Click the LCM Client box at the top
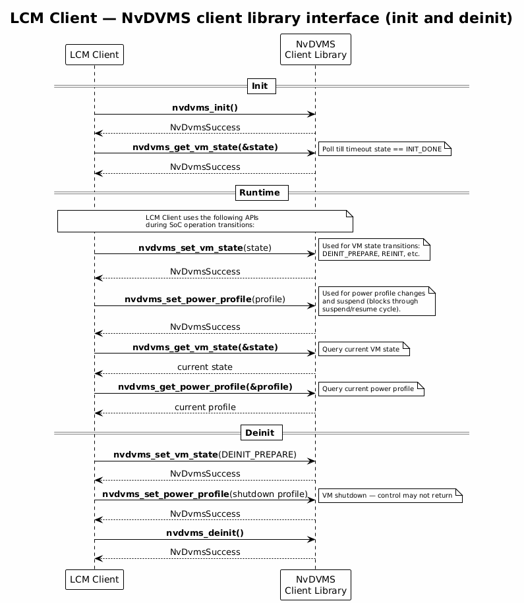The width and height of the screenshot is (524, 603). point(94,55)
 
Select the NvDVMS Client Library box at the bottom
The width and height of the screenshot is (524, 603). point(315,585)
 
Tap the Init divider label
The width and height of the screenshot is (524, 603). point(262,86)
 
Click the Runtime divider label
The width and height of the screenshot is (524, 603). point(262,193)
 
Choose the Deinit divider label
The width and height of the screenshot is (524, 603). point(262,433)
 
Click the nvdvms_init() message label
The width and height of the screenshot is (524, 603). point(205,108)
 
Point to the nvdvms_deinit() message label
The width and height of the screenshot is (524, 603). point(205,533)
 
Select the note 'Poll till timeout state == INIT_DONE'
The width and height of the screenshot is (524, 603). point(385,149)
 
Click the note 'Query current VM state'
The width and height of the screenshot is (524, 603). point(364,349)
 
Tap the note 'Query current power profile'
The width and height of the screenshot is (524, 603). point(371,389)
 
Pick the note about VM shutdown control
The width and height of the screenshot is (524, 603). point(390,495)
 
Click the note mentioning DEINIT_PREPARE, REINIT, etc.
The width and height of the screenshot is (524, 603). point(374,249)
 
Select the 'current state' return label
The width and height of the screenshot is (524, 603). point(205,367)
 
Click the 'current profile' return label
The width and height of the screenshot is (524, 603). point(205,407)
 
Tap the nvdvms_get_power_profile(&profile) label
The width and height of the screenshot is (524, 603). point(205,387)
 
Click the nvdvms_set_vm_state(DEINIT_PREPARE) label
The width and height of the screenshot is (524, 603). point(205,455)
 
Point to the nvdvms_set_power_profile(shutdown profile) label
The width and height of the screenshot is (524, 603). point(205,494)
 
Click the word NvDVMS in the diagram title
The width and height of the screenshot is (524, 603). point(156,18)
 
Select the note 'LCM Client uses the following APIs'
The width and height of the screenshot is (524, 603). point(205,221)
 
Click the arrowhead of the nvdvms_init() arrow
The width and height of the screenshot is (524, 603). point(312,115)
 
